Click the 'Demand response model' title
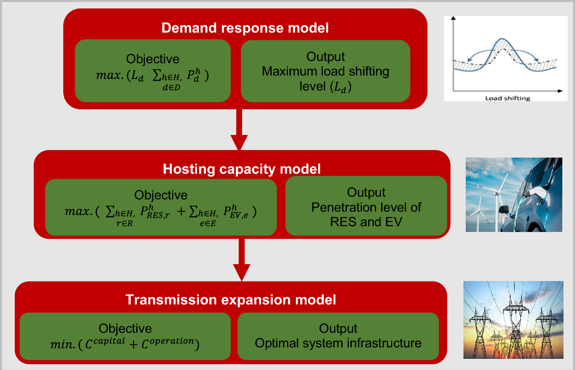coord(245,28)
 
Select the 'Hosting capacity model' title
coord(242,169)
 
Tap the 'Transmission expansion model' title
coord(231,300)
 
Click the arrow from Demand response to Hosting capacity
coord(239,130)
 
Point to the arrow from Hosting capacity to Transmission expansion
coord(242,261)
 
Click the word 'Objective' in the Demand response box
coord(153,59)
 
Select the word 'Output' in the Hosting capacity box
coord(366,192)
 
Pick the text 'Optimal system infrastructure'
coord(338,343)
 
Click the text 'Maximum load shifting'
coord(325,71)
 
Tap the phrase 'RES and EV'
coord(366,222)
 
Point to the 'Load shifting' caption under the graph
coord(508,98)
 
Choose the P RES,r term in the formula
coord(154,212)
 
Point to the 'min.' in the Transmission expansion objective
coord(62,344)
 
